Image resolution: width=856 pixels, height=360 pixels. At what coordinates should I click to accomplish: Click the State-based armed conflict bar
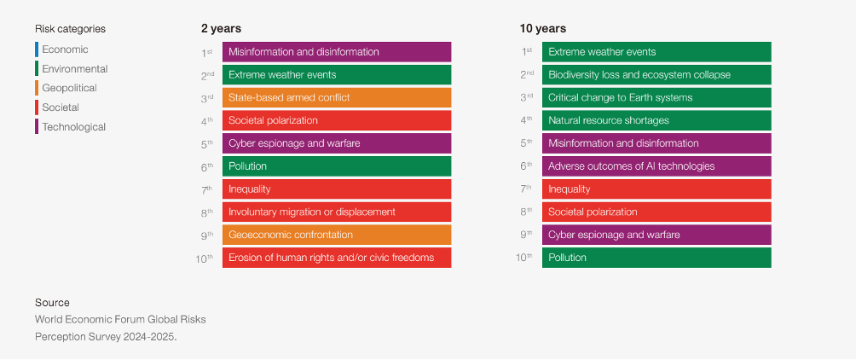click(x=337, y=98)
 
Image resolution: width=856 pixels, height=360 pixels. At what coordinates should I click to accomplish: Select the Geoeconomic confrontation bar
click(x=337, y=235)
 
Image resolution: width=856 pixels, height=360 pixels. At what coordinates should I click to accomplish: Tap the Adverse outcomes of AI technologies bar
click(x=656, y=166)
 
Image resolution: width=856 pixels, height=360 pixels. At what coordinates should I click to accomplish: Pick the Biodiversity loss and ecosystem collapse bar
click(x=656, y=75)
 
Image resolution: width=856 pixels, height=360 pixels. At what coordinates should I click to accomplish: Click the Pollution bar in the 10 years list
click(x=656, y=258)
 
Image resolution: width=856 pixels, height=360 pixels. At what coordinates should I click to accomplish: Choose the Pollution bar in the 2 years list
click(x=337, y=166)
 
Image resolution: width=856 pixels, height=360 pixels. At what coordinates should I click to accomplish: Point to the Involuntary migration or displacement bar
click(x=337, y=212)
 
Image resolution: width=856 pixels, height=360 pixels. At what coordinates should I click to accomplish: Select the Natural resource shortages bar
click(x=656, y=121)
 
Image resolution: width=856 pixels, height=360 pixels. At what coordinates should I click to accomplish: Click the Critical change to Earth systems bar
click(x=656, y=98)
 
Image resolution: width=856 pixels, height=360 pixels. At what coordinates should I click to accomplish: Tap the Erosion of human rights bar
click(x=337, y=258)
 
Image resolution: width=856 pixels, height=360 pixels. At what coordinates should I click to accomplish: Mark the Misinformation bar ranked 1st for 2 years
click(x=337, y=52)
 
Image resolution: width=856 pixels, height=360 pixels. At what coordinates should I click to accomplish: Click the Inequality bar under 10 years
click(x=656, y=189)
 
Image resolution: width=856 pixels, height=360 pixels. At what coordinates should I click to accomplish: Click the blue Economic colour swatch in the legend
click(x=37, y=49)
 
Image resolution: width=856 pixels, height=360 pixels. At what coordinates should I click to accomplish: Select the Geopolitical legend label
click(x=69, y=88)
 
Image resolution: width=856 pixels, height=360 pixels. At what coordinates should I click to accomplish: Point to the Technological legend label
click(x=73, y=127)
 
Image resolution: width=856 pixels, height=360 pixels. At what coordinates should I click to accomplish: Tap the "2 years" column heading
click(x=221, y=29)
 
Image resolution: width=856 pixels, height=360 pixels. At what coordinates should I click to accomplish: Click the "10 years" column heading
click(x=542, y=29)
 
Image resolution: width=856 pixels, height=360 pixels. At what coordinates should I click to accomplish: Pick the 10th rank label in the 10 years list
click(x=524, y=258)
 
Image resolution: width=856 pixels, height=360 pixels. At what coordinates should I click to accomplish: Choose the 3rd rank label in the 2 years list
click(x=206, y=98)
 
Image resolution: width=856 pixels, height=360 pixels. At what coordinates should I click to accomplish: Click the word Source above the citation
click(x=52, y=303)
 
